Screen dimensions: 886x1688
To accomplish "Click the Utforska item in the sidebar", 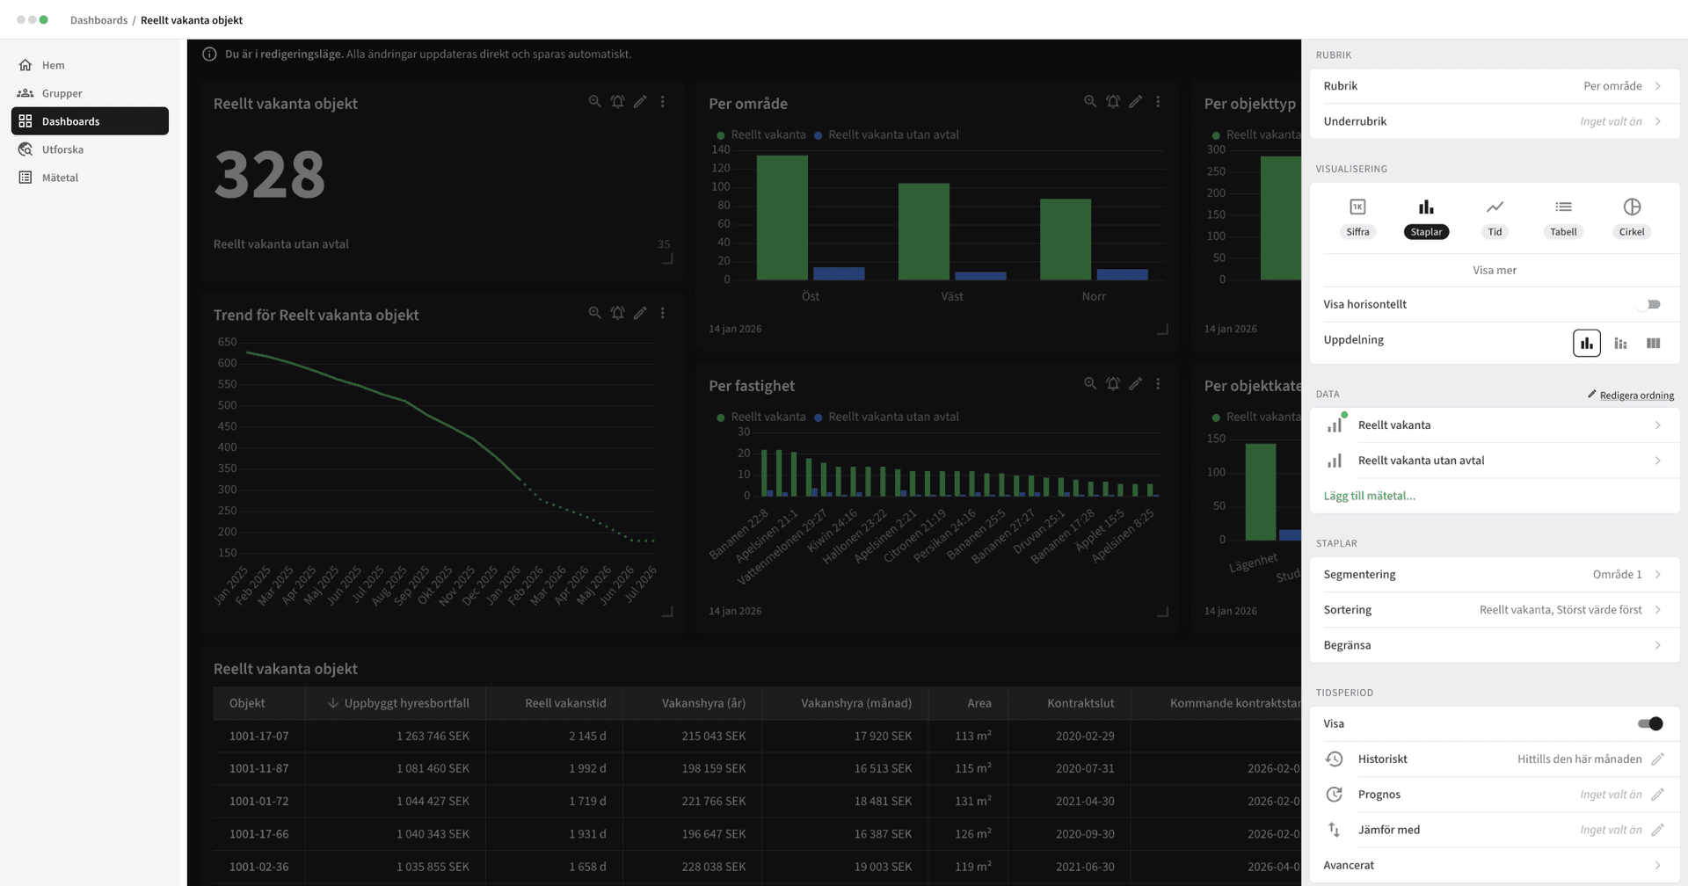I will [x=62, y=149].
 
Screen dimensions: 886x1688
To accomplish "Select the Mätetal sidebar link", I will [x=60, y=178].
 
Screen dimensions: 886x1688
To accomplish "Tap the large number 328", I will [x=269, y=174].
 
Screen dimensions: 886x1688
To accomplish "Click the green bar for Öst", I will [x=782, y=217].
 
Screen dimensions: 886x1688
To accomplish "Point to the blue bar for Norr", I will [x=1122, y=274].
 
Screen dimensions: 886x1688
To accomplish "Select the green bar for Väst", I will [x=923, y=231].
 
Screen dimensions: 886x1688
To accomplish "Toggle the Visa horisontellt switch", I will [x=1649, y=304].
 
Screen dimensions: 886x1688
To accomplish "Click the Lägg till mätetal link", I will [x=1369, y=496].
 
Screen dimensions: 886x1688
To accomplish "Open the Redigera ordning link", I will [x=1635, y=396].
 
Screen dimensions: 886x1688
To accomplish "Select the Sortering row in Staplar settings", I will [x=1494, y=610].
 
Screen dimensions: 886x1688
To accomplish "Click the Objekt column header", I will [x=247, y=703].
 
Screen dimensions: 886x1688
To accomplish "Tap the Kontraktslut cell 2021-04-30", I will [x=1085, y=801].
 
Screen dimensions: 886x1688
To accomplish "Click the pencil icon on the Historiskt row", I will [x=1657, y=759].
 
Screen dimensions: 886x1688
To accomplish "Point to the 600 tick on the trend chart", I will [x=227, y=363].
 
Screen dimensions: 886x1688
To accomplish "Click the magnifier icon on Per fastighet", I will [x=1090, y=383].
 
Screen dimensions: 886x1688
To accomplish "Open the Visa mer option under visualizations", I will [x=1495, y=270].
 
